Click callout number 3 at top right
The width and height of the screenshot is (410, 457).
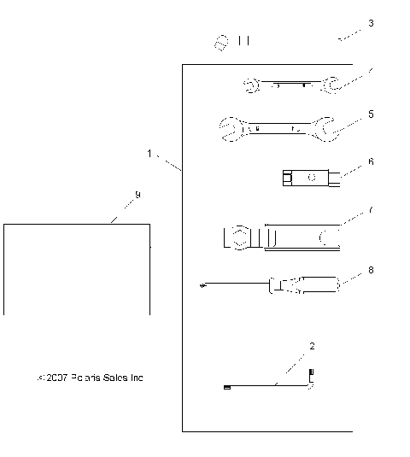coord(370,24)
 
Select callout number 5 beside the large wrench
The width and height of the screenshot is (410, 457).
coord(370,113)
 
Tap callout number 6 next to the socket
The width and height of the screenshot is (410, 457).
coord(370,160)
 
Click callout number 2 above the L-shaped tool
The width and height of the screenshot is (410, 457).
coord(312,346)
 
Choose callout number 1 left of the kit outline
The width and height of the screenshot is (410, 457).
coord(149,154)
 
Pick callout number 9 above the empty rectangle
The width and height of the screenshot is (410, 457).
coord(138,196)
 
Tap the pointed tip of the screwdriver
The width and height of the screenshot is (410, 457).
coord(199,286)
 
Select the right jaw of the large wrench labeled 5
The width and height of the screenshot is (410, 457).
coord(324,128)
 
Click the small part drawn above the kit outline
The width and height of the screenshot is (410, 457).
coord(223,40)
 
